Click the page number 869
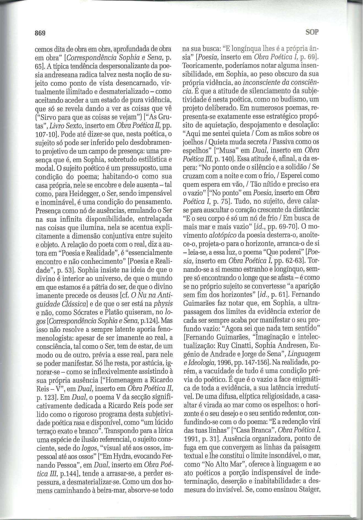[40, 34]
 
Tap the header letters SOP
[312, 32]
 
